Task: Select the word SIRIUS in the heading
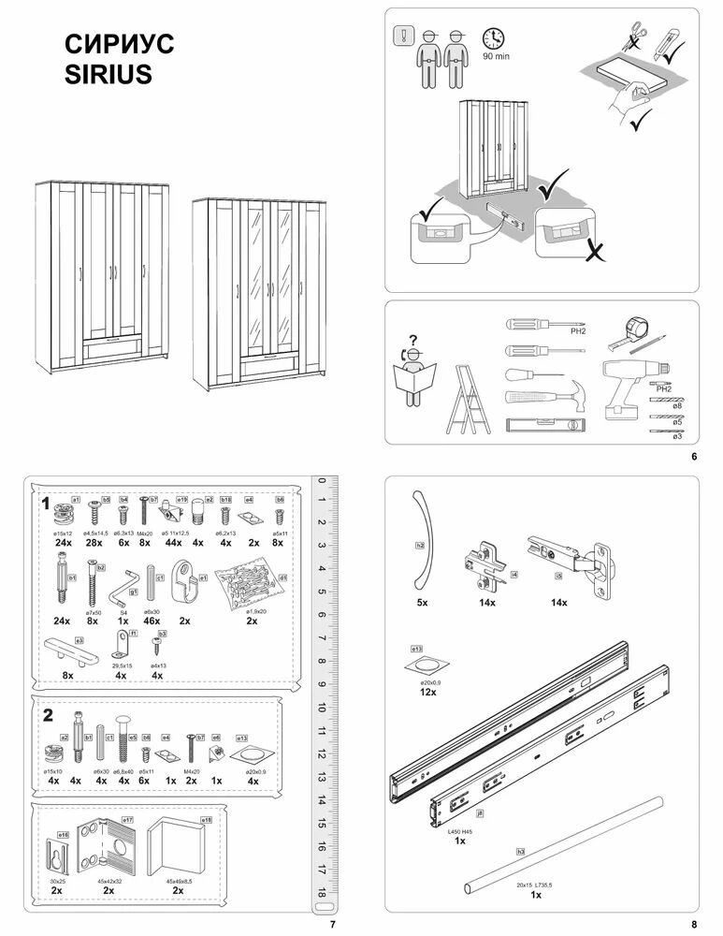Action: pyautogui.click(x=108, y=75)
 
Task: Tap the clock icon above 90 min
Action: pyautogui.click(x=493, y=38)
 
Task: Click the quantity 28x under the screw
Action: pyautogui.click(x=94, y=543)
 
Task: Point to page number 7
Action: pyautogui.click(x=332, y=925)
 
